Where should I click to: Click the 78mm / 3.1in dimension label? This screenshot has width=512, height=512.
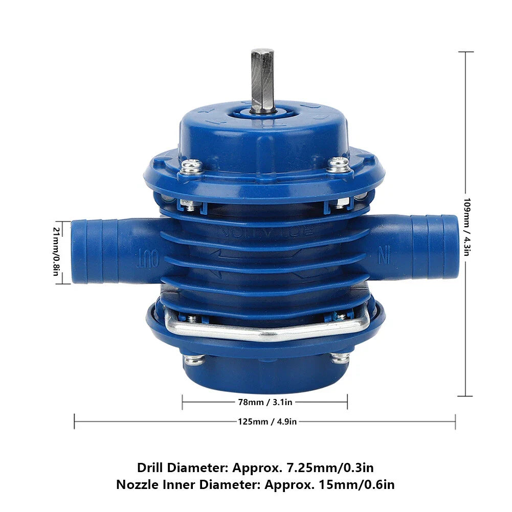(x=264, y=402)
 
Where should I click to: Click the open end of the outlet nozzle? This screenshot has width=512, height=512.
(x=78, y=251)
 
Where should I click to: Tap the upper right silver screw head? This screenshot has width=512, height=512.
(x=339, y=164)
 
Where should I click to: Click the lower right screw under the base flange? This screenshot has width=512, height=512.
(x=340, y=357)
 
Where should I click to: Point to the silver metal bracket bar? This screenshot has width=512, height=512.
(x=266, y=332)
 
